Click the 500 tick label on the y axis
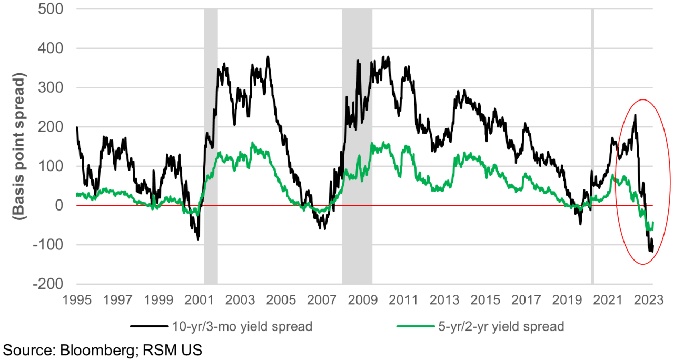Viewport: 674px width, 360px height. pos(48,9)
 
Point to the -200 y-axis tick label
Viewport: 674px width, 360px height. pos(45,284)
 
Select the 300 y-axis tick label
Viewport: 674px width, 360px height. pos(48,87)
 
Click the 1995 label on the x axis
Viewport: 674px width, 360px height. pos(77,301)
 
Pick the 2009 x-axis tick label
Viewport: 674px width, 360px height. pos(362,301)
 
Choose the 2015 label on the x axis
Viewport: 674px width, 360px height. pos(485,301)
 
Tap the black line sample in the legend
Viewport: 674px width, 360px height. pos(150,326)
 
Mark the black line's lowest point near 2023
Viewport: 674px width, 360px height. pos(651,252)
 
